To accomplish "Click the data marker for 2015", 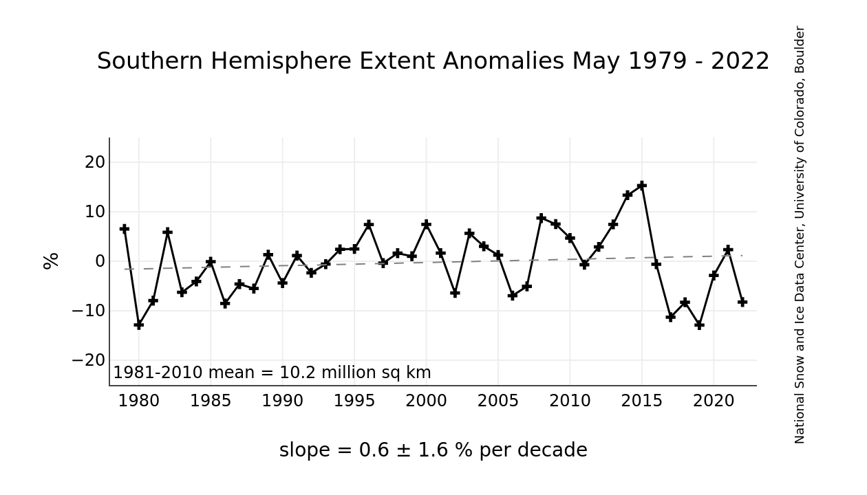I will coord(642,186).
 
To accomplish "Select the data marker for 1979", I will coord(125,228).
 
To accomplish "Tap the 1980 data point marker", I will coord(139,324).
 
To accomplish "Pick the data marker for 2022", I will coord(742,302).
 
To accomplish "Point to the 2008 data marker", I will coord(542,218).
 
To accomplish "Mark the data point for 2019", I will coord(699,324).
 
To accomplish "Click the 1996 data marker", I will coord(369,224).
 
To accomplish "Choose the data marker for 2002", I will coord(455,293).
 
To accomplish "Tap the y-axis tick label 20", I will coord(95,162).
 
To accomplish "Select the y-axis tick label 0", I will coord(100,261).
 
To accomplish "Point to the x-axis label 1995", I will coord(354,401).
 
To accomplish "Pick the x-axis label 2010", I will coord(570,401).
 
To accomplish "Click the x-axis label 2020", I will coord(714,401).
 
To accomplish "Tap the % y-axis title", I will coord(51,261).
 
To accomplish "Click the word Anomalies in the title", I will coord(504,61).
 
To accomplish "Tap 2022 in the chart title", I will coord(740,61).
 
